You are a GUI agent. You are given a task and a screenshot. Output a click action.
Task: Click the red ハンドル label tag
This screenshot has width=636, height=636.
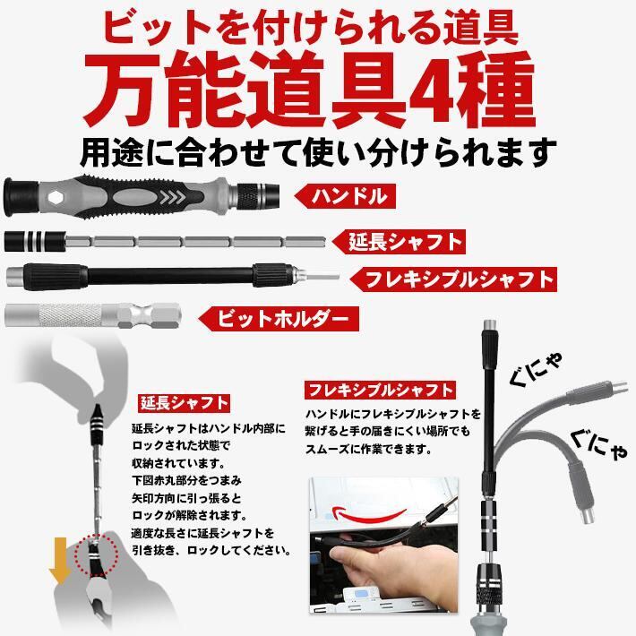coord(345,196)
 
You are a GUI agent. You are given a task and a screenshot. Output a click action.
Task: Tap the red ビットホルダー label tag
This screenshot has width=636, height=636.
coord(279,319)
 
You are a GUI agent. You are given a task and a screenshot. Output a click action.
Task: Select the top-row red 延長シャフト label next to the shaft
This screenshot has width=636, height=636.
coord(399,242)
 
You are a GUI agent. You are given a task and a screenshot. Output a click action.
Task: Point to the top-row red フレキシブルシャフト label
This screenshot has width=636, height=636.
coord(453,279)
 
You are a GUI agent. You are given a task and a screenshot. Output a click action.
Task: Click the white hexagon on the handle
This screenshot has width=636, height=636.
coord(56,197)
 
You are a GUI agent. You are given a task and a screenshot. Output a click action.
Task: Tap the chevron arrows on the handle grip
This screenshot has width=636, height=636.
coord(173,198)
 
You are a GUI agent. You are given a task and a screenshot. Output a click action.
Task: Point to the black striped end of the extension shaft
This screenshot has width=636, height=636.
coord(34,241)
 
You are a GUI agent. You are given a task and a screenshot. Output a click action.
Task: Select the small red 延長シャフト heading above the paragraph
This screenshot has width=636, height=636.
coord(185,403)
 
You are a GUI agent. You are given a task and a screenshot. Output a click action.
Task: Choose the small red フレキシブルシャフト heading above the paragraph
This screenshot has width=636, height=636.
coord(380,390)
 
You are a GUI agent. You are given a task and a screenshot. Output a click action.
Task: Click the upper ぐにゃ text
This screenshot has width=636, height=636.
coord(535,368)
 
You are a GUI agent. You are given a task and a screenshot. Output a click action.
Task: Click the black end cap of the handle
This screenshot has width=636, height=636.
coord(21,197)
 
